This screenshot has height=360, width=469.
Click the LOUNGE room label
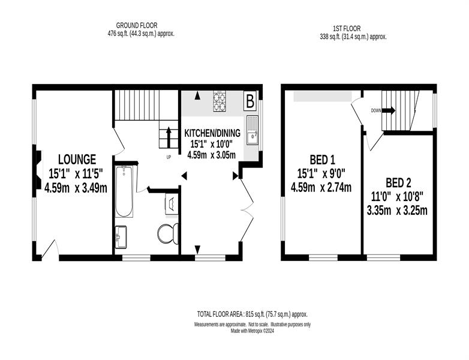[x=77, y=159]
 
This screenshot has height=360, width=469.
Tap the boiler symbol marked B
[x=250, y=101]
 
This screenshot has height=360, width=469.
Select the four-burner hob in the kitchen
[x=220, y=101]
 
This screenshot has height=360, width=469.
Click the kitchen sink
[x=252, y=130]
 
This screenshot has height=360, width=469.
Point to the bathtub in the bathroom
[x=124, y=191]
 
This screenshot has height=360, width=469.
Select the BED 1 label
[x=322, y=160]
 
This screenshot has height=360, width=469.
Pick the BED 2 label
[x=398, y=182]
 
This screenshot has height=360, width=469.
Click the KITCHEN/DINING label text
[x=212, y=133]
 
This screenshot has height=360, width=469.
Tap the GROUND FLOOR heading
[x=137, y=25]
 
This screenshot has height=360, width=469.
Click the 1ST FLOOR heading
[x=347, y=29]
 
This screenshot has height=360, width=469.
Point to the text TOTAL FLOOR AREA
[x=220, y=314]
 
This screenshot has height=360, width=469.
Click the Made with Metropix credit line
[x=252, y=331]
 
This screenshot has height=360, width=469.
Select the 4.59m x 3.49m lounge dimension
[x=76, y=188]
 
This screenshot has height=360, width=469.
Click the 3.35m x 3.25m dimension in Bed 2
[x=397, y=211]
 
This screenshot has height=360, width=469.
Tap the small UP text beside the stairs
[x=169, y=157]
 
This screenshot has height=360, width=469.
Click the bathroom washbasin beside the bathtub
[x=121, y=237]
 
